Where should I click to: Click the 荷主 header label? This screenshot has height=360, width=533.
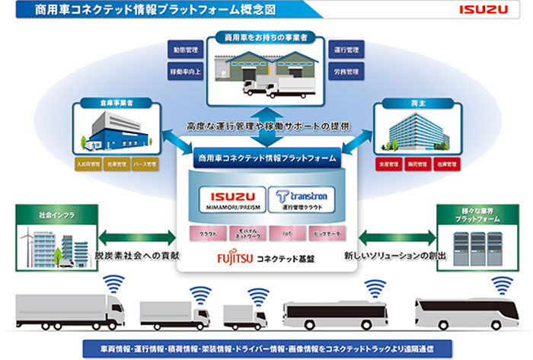click(413, 100)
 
